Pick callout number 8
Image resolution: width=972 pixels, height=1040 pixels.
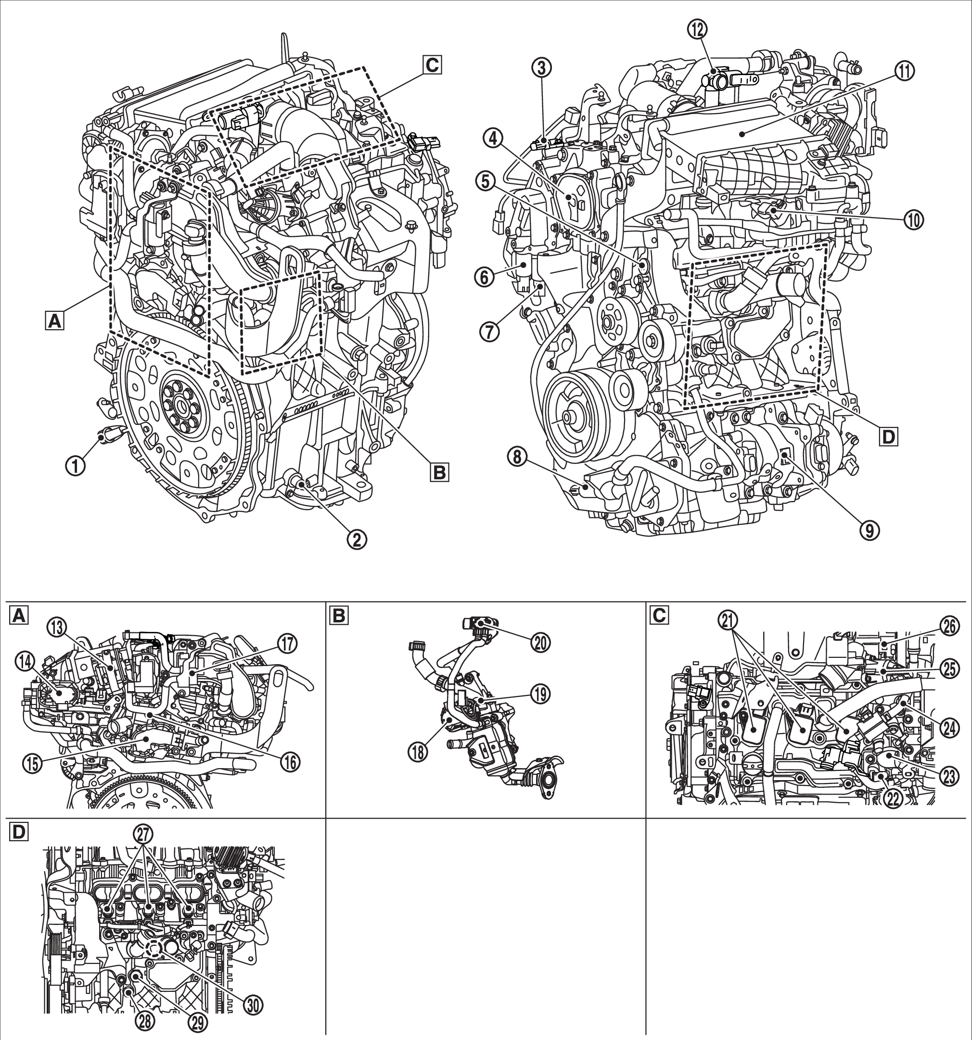(517, 458)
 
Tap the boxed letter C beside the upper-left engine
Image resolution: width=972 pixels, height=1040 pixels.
(432, 65)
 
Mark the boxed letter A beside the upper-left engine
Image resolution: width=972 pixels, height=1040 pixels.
(54, 321)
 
